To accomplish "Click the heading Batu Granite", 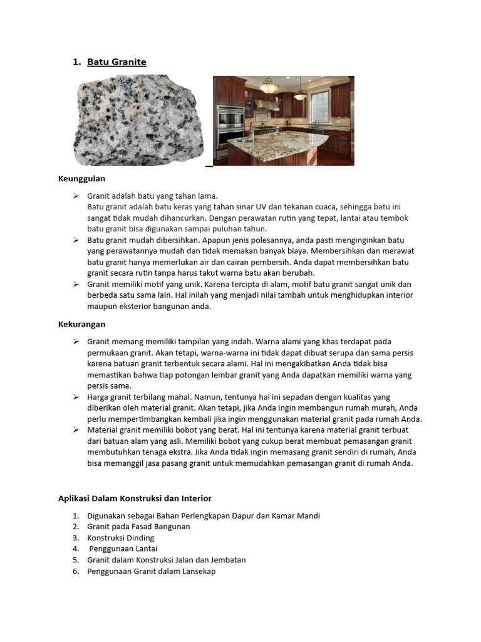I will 116,61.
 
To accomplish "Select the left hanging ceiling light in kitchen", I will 269,87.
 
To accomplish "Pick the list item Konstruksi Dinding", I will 120,538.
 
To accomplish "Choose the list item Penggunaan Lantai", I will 123,549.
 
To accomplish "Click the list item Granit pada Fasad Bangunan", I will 138,527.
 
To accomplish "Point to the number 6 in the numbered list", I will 75,571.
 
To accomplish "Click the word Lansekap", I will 198,571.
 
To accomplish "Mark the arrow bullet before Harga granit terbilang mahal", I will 76,397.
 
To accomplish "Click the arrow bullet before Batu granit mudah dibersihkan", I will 76,240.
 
